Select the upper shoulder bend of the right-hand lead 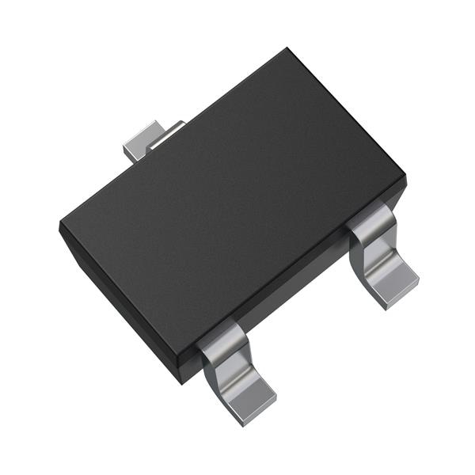pos(372,218)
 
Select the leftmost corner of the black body pos(60,226)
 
